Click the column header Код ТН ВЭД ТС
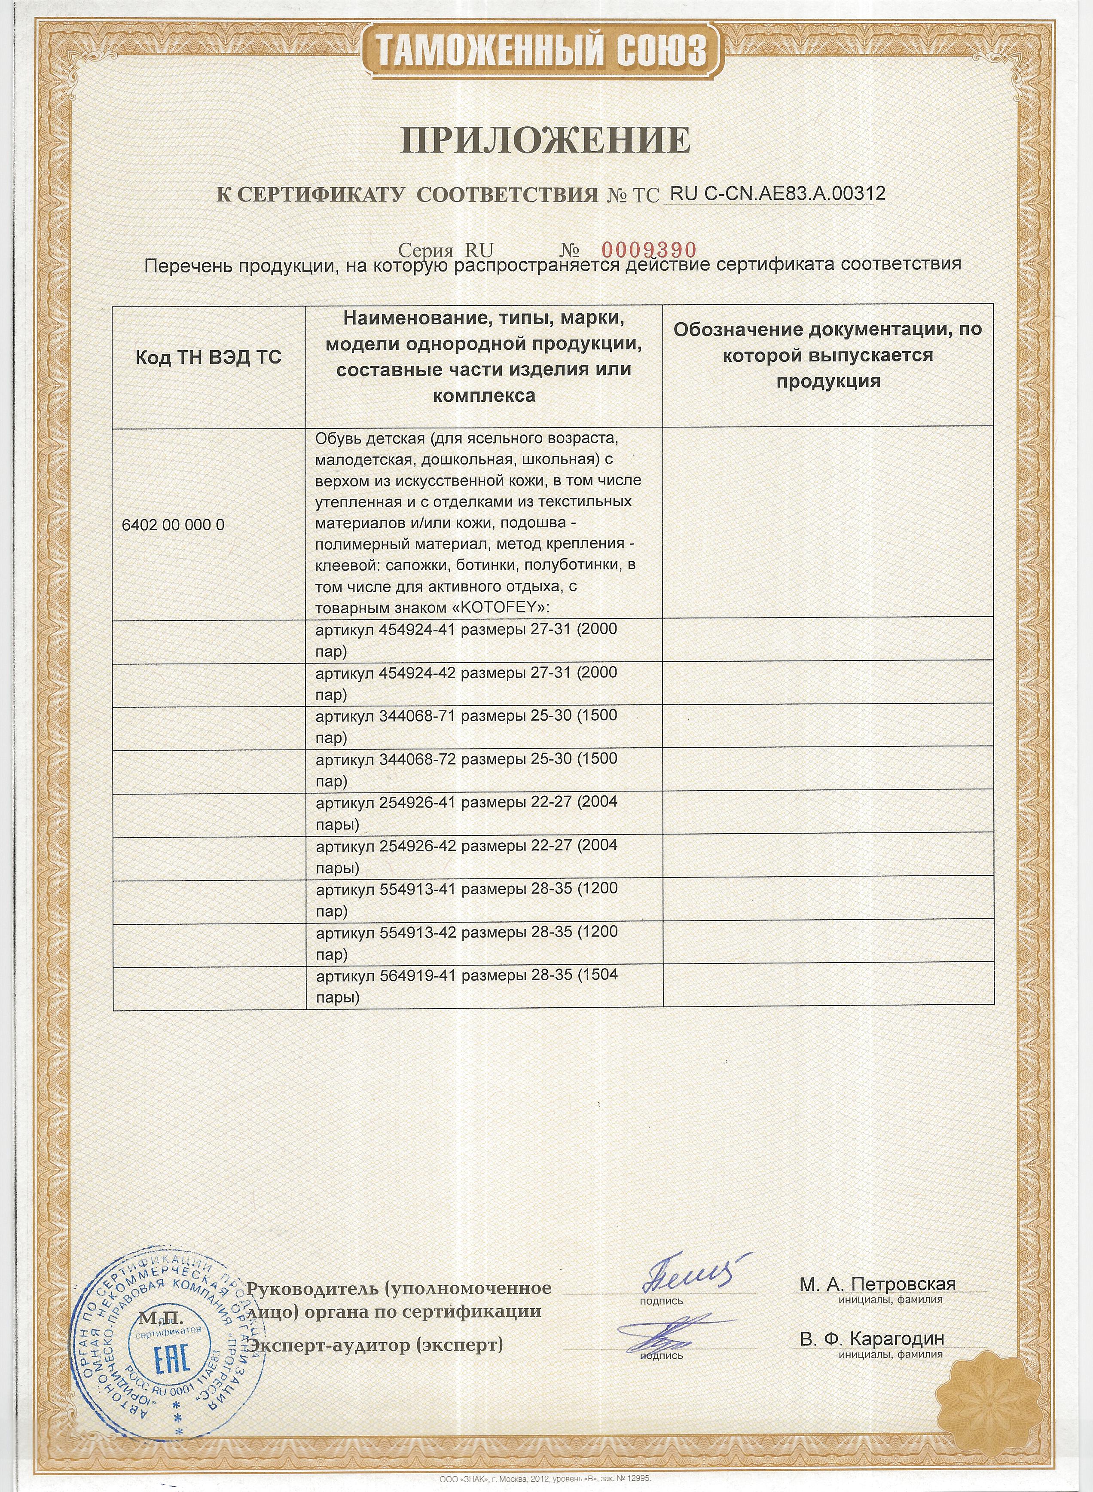(x=208, y=358)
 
